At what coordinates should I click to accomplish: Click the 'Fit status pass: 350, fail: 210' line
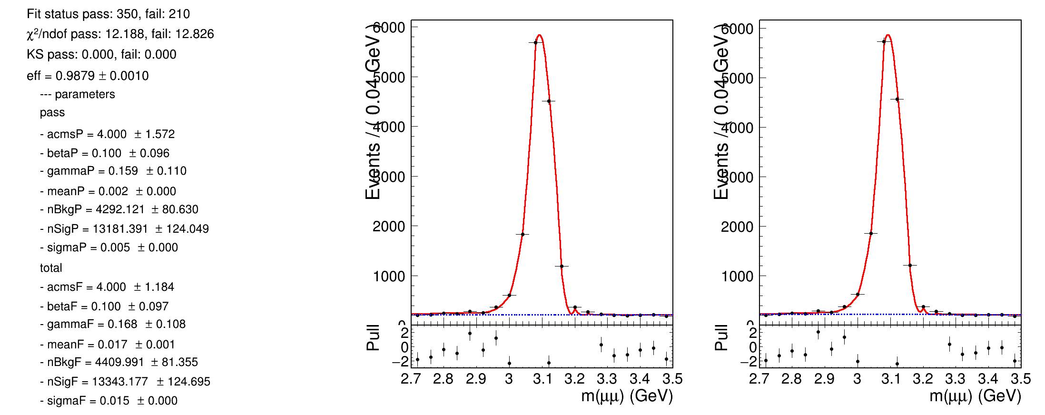108,14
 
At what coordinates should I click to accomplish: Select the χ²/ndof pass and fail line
120,34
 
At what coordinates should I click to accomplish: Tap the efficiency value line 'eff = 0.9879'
88,76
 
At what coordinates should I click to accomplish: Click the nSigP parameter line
125,229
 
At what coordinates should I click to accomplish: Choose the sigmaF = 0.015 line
109,401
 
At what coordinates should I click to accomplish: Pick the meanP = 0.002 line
108,191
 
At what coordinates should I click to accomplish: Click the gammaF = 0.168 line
113,324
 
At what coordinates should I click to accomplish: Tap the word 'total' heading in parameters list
51,268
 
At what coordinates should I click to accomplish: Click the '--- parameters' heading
78,94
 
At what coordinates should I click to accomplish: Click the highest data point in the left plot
535,42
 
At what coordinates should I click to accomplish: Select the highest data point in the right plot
884,41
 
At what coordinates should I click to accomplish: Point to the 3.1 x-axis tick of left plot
542,379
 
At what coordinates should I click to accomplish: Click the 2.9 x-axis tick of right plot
824,379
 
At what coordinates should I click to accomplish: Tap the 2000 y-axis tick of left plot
388,226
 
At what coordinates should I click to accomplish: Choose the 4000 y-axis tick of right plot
737,128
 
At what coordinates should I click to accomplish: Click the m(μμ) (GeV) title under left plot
627,396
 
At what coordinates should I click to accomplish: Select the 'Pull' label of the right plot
721,338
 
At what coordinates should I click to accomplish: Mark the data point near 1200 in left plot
562,266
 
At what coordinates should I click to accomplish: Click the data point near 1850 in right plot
871,233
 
